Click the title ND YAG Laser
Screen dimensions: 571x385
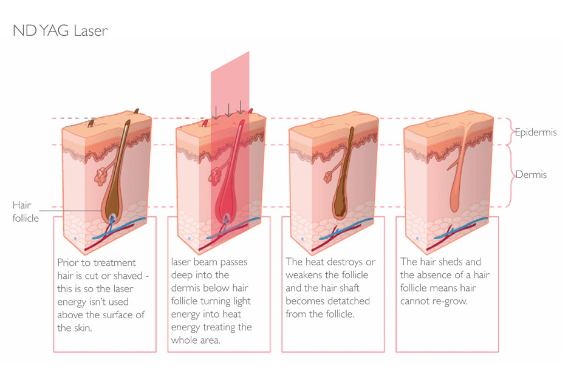point(60,30)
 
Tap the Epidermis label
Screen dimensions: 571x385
point(535,132)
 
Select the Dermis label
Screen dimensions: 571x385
point(532,175)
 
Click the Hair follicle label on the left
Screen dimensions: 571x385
point(25,212)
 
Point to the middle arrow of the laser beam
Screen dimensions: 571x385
point(228,110)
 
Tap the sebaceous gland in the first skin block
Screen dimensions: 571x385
point(100,176)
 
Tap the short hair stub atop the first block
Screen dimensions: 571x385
point(91,123)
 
